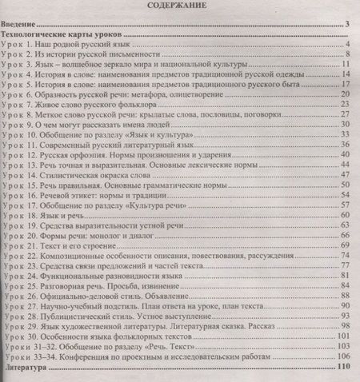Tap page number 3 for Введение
(x=349, y=26)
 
